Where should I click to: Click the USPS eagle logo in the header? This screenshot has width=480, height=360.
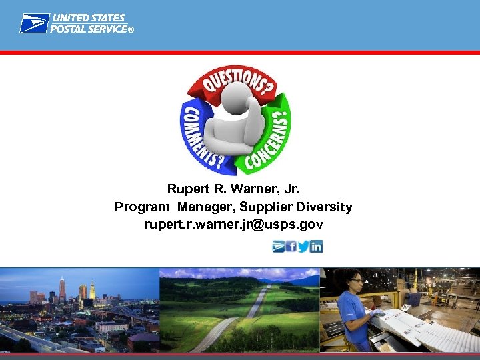point(33,23)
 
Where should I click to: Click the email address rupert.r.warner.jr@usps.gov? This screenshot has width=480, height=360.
point(234,225)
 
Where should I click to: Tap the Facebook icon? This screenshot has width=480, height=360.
point(291,246)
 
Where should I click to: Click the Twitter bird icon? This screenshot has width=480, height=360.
point(303,246)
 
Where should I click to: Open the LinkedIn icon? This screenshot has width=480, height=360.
point(316,246)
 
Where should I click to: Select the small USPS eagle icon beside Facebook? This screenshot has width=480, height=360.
point(278,246)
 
